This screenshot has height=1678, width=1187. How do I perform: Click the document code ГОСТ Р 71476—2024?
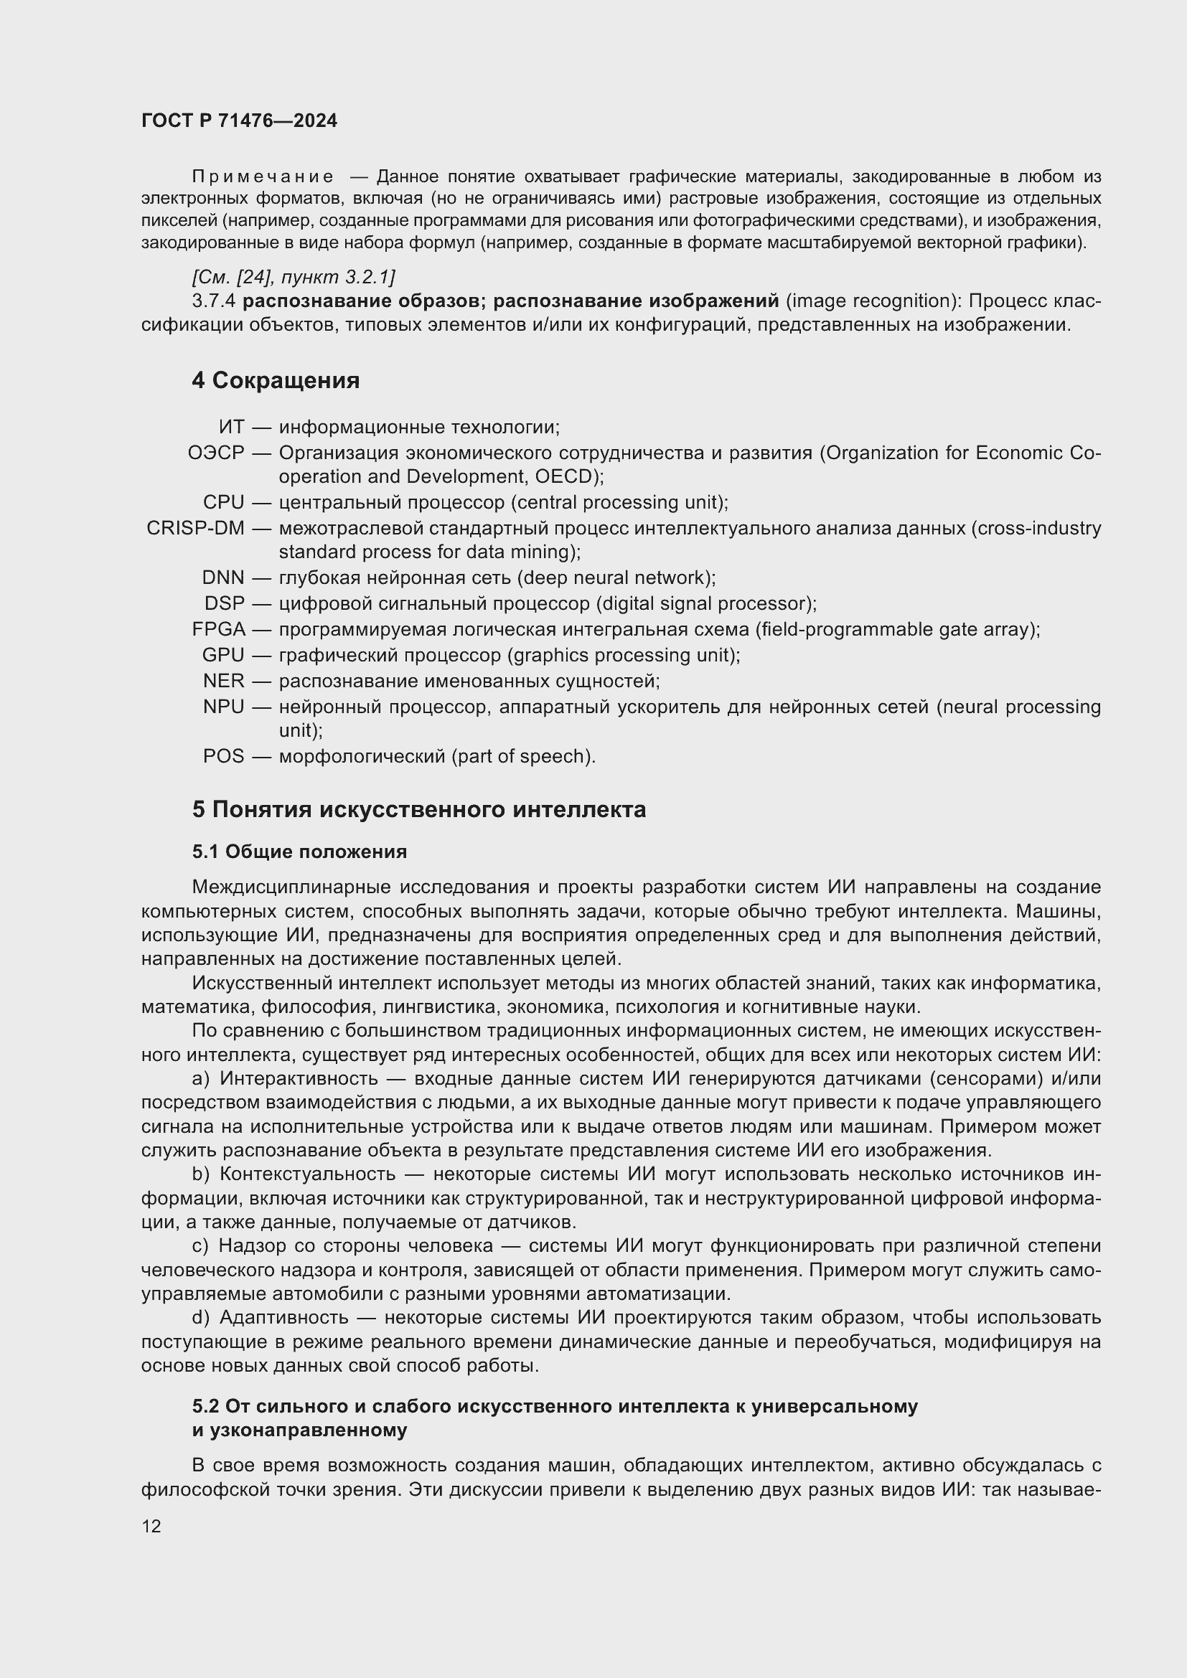coord(239,121)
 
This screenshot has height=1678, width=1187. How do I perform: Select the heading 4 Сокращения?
coord(276,381)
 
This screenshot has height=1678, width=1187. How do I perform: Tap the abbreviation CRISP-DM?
coord(195,529)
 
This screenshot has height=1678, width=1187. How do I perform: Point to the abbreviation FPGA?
coord(219,629)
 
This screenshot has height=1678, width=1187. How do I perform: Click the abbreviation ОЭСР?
coord(215,453)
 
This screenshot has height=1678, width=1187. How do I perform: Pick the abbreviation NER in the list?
coord(224,681)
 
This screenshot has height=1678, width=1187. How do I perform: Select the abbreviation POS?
coord(224,756)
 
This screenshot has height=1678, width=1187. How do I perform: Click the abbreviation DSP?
coord(225,603)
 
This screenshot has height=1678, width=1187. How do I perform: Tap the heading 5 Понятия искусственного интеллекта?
coord(419,810)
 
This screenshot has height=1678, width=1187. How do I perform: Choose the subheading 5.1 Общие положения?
coord(300,852)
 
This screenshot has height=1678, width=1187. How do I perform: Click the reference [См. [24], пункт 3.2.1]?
coord(293,277)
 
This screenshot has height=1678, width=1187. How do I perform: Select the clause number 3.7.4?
coord(213,301)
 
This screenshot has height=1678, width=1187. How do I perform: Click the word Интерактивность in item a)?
coord(299,1079)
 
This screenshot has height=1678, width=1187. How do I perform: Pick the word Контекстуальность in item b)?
coord(307,1174)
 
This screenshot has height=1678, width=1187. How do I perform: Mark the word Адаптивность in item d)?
coord(283,1318)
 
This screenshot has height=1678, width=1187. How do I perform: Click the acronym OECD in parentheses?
coord(566,476)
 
